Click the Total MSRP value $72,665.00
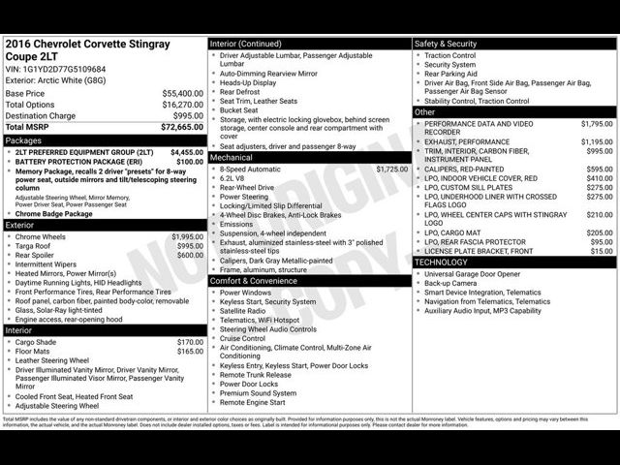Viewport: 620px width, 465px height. pyautogui.click(x=182, y=127)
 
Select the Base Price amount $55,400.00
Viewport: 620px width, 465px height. pyautogui.click(x=182, y=94)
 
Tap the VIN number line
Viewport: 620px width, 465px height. pyautogui.click(x=56, y=69)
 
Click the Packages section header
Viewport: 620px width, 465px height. pyautogui.click(x=24, y=140)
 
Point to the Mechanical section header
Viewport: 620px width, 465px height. pyautogui.click(x=232, y=157)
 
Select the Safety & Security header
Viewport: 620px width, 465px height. pyautogui.click(x=446, y=44)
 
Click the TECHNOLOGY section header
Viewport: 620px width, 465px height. pyautogui.click(x=442, y=262)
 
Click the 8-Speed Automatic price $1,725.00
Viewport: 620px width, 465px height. pyautogui.click(x=392, y=169)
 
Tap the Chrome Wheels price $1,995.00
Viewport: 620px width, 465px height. pyautogui.click(x=188, y=236)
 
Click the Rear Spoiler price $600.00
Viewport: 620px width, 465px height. pyautogui.click(x=190, y=256)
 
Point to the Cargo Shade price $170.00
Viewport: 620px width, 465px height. pyautogui.click(x=190, y=342)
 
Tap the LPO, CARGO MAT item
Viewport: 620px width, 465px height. pyautogui.click(x=459, y=232)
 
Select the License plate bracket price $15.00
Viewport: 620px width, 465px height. pyautogui.click(x=602, y=251)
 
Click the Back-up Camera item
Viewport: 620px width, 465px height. pyautogui.click(x=450, y=283)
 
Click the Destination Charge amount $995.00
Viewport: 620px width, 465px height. pyautogui.click(x=188, y=115)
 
